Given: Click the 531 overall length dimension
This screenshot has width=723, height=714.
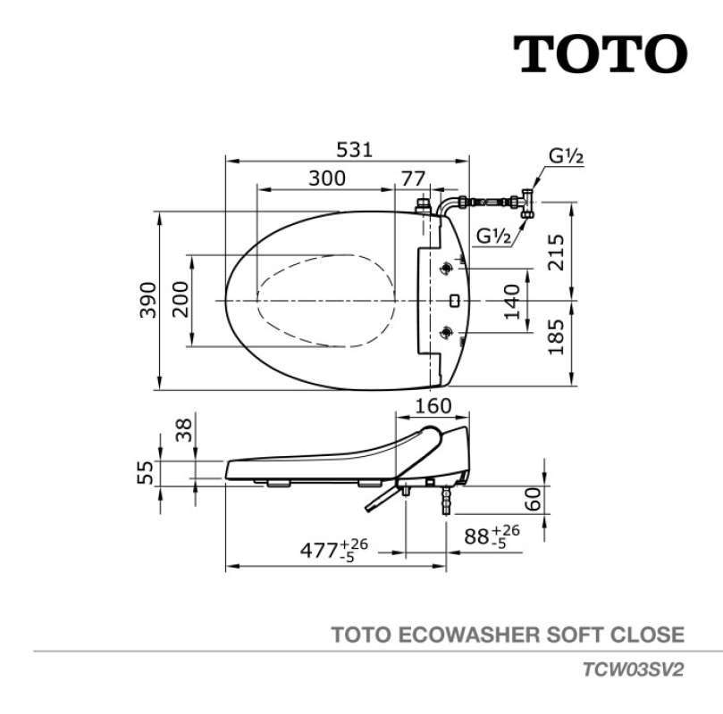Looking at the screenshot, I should (349, 149).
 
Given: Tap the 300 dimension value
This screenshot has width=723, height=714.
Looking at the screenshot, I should (327, 177).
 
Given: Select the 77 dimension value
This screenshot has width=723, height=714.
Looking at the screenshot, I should (413, 177).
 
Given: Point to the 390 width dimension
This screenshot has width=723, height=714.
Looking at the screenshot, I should (148, 300).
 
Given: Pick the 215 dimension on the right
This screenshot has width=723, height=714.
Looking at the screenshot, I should (556, 253).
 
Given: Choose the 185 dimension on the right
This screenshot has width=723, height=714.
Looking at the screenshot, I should (556, 337).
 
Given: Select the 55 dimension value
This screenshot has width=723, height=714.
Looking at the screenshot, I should (147, 472).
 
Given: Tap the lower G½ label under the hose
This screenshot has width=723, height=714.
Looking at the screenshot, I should (493, 237).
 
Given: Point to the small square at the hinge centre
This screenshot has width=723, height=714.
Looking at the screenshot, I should (453, 301).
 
